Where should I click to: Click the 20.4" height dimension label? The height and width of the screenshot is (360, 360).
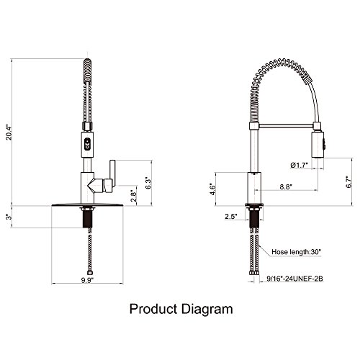9,132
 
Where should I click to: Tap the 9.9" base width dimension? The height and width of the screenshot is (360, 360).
87,280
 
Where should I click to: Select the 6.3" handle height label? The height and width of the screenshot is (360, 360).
148,184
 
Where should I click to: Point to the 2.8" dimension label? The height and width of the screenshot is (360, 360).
134,196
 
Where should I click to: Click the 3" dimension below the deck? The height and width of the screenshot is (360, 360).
9,217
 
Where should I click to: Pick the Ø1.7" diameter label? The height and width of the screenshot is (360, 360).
300,166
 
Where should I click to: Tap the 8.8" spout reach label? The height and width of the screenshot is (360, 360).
286,186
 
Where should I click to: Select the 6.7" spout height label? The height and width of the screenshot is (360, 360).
348,181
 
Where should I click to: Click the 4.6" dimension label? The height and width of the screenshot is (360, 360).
213,189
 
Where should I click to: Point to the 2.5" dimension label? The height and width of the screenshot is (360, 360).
231,216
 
